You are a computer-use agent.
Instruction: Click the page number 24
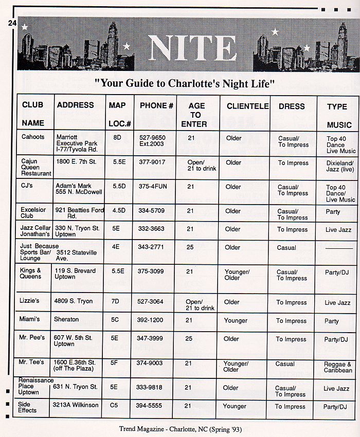point(12,23)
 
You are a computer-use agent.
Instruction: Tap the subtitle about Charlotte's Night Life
point(185,83)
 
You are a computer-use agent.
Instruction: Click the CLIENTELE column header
point(247,106)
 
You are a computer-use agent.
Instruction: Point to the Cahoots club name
point(33,137)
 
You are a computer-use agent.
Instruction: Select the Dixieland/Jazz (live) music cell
point(339,166)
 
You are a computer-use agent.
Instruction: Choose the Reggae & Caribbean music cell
point(338,367)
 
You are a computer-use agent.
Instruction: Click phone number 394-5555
point(150,406)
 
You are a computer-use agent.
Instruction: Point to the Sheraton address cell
point(66,320)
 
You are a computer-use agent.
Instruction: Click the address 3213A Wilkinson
point(76,405)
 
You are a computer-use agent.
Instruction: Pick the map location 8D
point(117,138)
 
